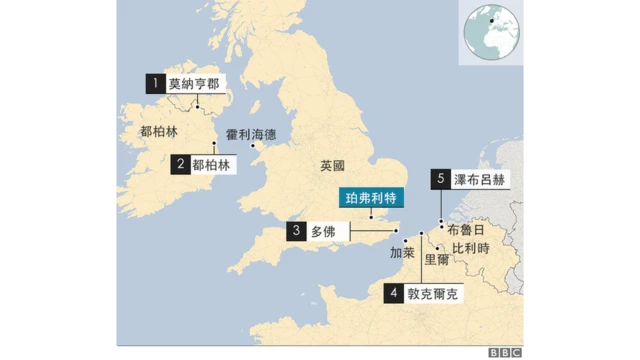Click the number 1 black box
coord(156,84)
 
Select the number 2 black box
coord(180,164)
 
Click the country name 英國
coord(332,165)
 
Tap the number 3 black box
coord(297,231)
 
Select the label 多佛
coord(324,231)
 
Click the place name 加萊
coord(402,252)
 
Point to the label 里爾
coord(437,259)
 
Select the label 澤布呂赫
coord(480,180)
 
